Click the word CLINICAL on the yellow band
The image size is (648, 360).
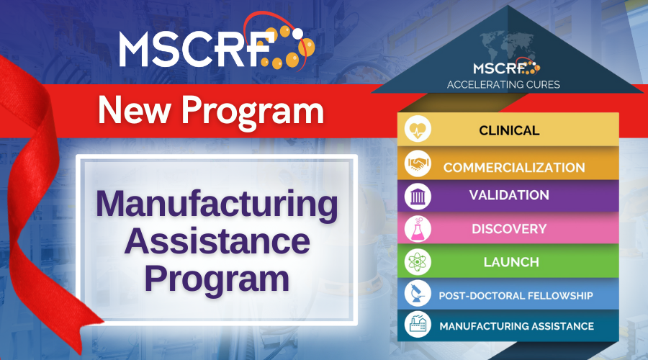click(x=509, y=131)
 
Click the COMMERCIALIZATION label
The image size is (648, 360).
click(x=514, y=168)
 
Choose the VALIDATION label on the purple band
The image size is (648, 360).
click(x=509, y=195)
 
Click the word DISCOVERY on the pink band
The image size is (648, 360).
click(x=509, y=229)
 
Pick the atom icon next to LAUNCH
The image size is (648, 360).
click(x=417, y=262)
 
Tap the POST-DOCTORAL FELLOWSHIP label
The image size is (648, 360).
click(x=516, y=295)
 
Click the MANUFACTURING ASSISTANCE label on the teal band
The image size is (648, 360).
click(x=516, y=326)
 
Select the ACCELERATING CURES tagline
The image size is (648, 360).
click(x=503, y=84)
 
